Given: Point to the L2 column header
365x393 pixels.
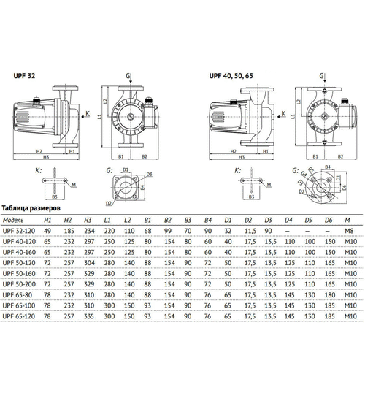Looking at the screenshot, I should (128, 219).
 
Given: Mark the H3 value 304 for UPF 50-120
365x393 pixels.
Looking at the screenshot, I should (88, 261).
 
